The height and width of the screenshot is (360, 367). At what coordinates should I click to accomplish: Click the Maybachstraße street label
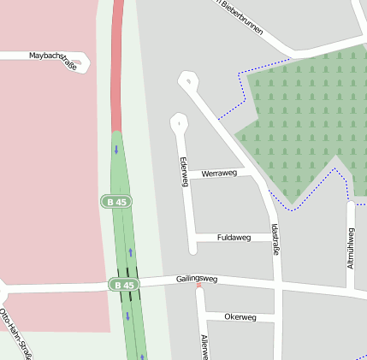[x=54, y=56]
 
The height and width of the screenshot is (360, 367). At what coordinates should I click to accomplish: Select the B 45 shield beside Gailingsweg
[x=123, y=284]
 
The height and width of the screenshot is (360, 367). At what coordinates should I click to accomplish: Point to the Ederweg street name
[x=183, y=172]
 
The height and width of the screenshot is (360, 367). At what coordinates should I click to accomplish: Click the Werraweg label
[x=219, y=174]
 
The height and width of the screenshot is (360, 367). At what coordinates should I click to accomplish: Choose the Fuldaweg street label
[x=234, y=237]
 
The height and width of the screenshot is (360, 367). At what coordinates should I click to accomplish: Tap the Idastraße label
[x=275, y=239]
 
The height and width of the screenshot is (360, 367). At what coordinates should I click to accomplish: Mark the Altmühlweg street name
[x=351, y=249]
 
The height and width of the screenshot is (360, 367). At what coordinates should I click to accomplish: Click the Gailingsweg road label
[x=197, y=279]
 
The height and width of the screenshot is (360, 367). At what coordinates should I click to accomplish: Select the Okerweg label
[x=240, y=316]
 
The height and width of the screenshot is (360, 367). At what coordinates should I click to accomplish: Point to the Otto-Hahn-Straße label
[x=17, y=333]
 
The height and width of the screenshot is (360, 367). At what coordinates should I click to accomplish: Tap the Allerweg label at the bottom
[x=204, y=346]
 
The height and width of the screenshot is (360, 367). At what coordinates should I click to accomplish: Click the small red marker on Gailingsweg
[x=199, y=285]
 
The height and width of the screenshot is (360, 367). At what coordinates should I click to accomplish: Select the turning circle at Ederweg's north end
[x=179, y=122]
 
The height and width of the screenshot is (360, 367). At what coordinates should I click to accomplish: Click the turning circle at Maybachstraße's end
[x=80, y=62]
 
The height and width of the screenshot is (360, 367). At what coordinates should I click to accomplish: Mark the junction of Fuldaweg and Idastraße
[x=276, y=237]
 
